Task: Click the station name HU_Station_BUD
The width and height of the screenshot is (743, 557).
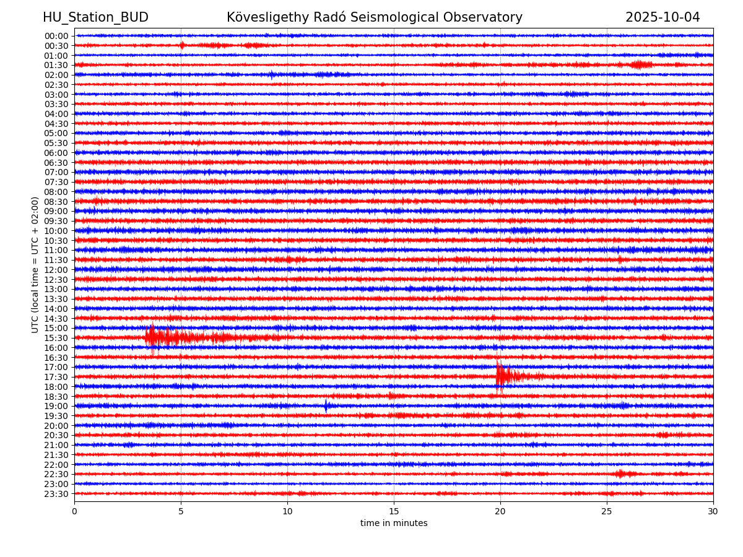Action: [95, 17]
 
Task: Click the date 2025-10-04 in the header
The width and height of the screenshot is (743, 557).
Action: [662, 17]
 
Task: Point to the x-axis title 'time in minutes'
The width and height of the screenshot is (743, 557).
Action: [394, 524]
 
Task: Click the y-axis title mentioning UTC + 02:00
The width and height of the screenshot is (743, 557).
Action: [35, 264]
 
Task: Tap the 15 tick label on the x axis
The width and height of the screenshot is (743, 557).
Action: [394, 512]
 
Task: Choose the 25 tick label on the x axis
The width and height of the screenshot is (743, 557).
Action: [607, 512]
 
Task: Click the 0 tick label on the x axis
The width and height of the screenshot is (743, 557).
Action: [74, 512]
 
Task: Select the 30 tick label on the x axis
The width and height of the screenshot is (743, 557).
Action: [713, 512]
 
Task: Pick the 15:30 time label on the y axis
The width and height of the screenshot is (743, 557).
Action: [56, 338]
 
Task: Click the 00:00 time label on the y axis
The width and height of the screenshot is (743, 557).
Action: [56, 36]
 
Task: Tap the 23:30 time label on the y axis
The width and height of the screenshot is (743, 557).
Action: [56, 494]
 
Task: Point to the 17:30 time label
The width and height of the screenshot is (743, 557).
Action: [56, 377]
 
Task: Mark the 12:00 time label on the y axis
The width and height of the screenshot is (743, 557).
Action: [56, 270]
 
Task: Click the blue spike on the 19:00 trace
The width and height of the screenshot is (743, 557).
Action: [326, 406]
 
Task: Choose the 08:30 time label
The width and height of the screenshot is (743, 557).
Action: [56, 202]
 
